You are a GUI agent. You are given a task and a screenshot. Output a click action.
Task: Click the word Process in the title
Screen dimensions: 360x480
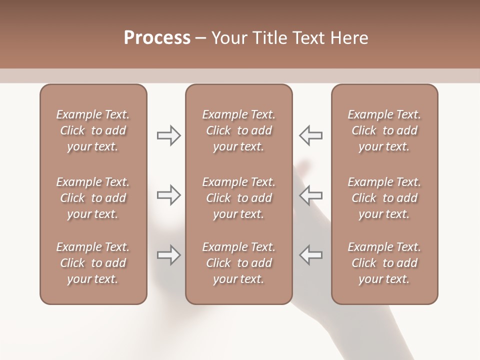(157, 38)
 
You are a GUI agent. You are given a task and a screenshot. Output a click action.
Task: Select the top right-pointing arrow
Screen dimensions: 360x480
(168, 135)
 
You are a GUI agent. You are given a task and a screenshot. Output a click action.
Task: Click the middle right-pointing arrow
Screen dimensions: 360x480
(168, 195)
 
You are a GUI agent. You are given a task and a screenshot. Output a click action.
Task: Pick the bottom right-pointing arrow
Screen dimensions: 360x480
(168, 255)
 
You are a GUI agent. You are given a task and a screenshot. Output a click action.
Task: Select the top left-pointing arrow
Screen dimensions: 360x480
(311, 135)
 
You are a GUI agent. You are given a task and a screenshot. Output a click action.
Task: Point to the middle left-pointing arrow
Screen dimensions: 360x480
(311, 195)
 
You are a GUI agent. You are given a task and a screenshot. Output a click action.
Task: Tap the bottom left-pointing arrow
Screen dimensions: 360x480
(311, 255)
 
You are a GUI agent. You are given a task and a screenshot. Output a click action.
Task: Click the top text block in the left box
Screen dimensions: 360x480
(93, 130)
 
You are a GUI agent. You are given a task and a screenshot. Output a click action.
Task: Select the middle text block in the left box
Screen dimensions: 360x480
(93, 198)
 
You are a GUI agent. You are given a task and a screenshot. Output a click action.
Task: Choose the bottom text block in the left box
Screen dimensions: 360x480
(93, 263)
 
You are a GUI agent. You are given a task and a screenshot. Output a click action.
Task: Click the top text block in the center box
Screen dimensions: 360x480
(238, 130)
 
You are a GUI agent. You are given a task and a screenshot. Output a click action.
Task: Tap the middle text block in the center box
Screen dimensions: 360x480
(238, 198)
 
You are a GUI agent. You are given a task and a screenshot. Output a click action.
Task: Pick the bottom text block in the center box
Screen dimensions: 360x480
(238, 263)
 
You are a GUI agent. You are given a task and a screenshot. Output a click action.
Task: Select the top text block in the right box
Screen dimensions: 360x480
(384, 130)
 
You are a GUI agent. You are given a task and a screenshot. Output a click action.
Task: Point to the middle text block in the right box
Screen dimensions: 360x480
(384, 198)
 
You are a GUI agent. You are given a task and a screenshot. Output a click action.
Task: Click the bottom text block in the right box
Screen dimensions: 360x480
(384, 263)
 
